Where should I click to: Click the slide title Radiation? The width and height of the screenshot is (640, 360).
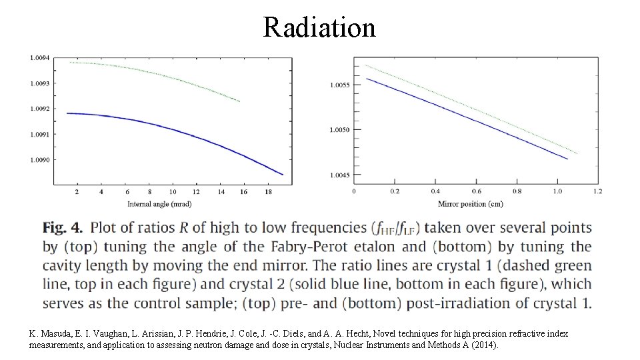[319, 27]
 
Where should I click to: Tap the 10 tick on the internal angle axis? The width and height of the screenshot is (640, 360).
[173, 192]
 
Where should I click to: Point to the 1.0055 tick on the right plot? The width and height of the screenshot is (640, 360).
[340, 85]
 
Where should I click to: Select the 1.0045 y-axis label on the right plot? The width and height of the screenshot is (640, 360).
[340, 175]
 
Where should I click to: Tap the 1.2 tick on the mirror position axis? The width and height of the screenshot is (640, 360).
[598, 192]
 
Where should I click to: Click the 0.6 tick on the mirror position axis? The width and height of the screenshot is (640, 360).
[477, 192]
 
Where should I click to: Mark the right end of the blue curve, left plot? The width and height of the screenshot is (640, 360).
[283, 175]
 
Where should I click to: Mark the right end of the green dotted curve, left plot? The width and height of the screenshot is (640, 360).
[239, 101]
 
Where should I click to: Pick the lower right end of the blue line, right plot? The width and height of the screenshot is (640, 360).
[567, 159]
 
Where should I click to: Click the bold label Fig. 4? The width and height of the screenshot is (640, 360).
[62, 228]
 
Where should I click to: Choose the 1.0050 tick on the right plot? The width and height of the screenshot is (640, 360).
[340, 130]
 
